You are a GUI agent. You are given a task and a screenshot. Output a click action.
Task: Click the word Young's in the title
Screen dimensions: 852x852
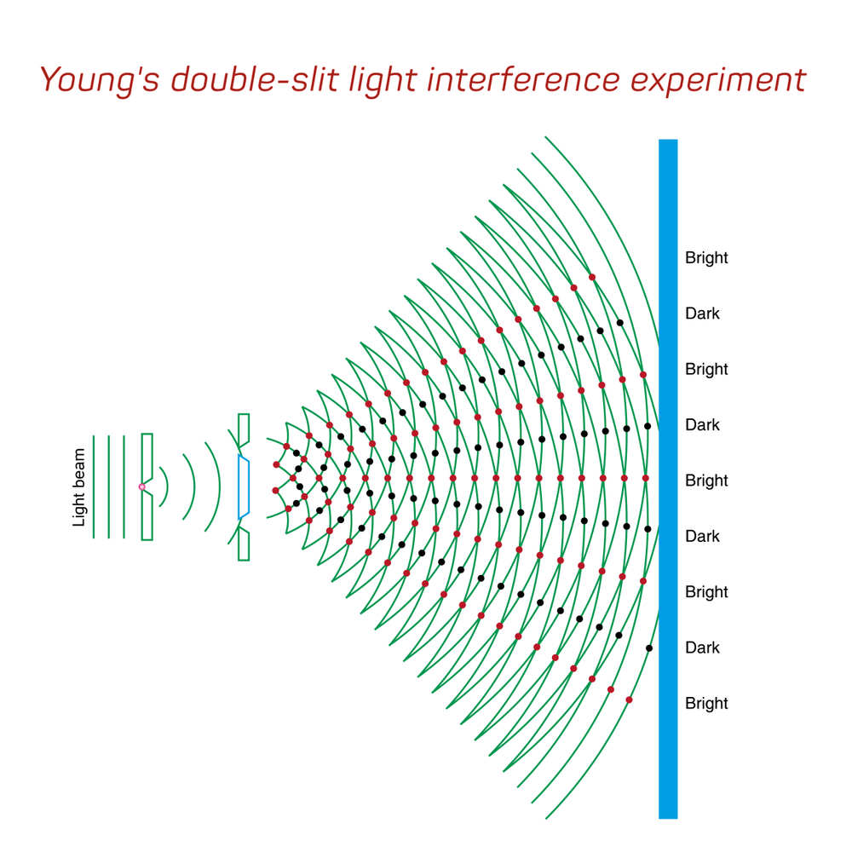(x=100, y=81)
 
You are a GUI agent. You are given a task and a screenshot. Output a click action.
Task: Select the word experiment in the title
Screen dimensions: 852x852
(x=718, y=81)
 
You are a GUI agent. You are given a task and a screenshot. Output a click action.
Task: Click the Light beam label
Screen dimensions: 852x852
(x=79, y=487)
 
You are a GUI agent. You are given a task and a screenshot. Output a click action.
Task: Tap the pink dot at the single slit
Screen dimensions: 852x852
(x=141, y=486)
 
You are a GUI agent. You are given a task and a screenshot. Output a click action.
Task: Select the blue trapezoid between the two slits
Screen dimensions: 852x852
(x=244, y=486)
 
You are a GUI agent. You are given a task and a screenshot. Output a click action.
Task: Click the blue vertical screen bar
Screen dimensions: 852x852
(x=668, y=479)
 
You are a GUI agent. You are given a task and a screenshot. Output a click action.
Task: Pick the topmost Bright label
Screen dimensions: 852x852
(x=706, y=257)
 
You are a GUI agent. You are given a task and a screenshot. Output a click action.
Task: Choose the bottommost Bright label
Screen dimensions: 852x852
(x=706, y=703)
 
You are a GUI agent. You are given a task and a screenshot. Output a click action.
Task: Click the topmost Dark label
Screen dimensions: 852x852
(x=703, y=314)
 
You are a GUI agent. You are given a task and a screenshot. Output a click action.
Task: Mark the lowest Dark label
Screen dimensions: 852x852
(x=703, y=648)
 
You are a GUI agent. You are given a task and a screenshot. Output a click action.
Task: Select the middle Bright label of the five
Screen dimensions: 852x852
(x=706, y=481)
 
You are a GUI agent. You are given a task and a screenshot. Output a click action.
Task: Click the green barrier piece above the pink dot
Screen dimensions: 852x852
(x=147, y=455)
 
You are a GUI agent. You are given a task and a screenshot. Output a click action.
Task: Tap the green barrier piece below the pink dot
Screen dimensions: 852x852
(x=147, y=516)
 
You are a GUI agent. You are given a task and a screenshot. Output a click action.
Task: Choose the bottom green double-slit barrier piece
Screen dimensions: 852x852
(x=244, y=544)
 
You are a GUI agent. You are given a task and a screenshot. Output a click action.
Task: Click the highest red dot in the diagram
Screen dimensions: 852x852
(x=592, y=277)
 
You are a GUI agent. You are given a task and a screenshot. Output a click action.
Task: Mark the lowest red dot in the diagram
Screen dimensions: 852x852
(x=630, y=699)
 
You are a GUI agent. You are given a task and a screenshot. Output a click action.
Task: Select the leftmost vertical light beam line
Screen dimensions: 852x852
(x=94, y=486)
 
